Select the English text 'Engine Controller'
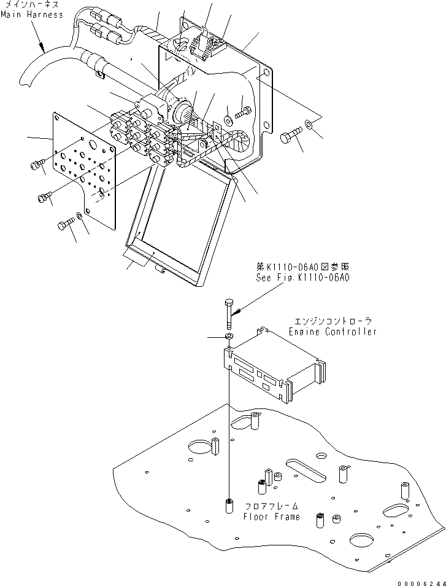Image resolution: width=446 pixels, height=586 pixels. (x=333, y=332)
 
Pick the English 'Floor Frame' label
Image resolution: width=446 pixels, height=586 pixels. (x=272, y=517)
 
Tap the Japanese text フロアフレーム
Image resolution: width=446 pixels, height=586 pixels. (x=272, y=507)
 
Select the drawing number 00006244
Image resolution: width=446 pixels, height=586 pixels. (x=420, y=580)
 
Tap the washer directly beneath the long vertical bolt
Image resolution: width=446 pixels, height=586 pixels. (x=229, y=337)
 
